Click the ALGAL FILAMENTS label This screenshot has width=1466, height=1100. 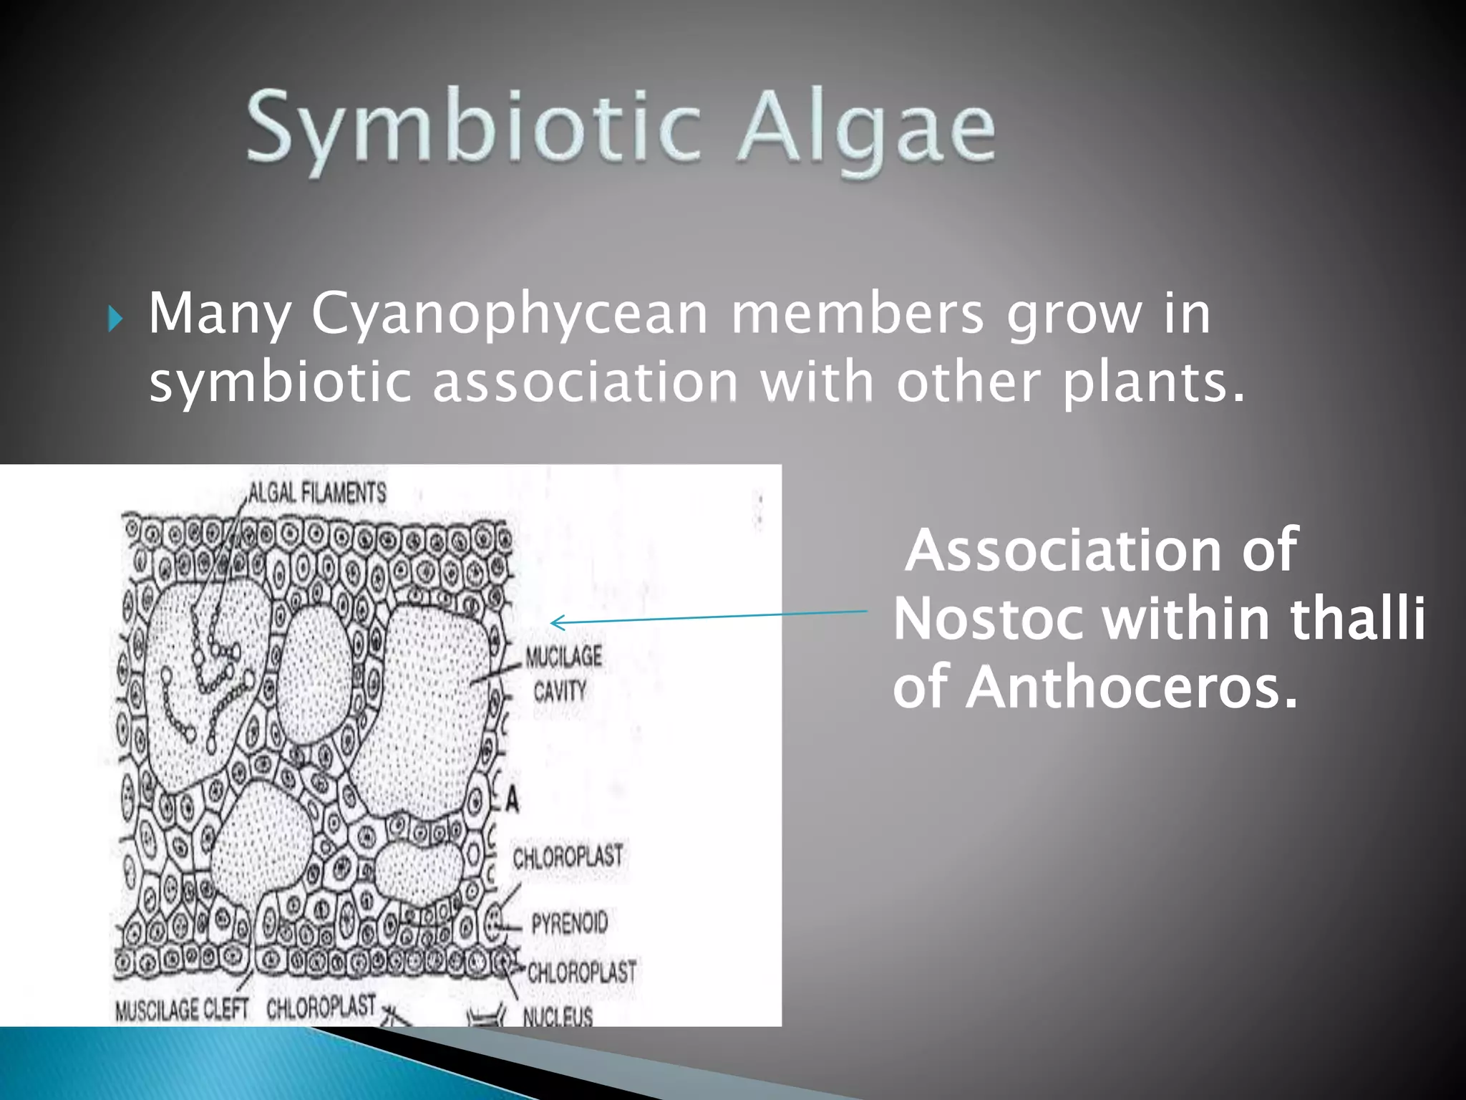pos(317,493)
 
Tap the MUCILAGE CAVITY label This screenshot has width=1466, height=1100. pos(563,673)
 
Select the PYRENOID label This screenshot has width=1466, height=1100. pos(569,922)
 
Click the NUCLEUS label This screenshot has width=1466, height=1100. pos(557,1015)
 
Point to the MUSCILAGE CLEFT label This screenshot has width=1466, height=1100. pos(181,1009)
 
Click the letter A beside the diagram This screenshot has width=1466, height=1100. pos(511,799)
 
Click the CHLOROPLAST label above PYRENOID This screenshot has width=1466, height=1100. pos(568,856)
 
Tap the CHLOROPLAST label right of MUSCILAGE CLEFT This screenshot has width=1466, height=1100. pos(321,1006)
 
